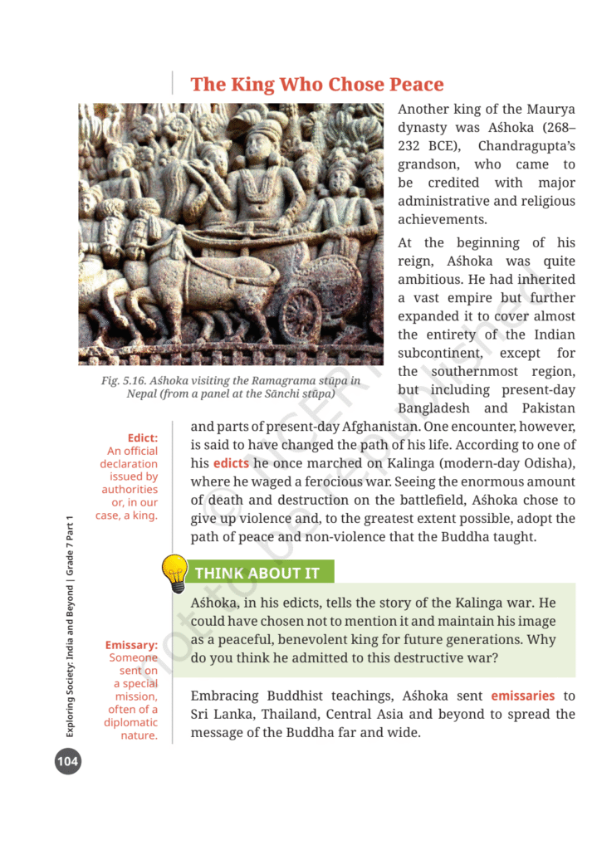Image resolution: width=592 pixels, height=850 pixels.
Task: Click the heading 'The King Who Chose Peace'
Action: (317, 84)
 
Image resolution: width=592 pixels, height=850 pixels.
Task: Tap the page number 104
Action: (67, 761)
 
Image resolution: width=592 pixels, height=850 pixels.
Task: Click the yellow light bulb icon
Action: (174, 573)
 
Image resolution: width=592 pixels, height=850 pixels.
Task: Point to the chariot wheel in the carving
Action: (300, 316)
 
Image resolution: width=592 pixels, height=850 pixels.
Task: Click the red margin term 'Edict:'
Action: (143, 437)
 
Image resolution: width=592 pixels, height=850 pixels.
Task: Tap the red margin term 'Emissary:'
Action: (131, 645)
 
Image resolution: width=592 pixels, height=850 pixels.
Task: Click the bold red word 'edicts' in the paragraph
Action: (231, 463)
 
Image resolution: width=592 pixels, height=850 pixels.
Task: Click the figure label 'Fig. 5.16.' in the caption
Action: (123, 381)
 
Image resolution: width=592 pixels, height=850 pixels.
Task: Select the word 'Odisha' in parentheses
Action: (550, 463)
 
